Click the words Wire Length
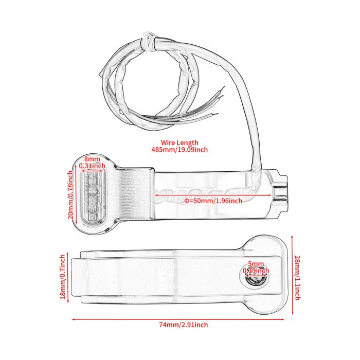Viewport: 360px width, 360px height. click(x=179, y=142)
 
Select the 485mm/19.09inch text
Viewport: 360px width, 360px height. click(x=179, y=150)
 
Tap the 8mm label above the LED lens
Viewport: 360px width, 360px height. click(x=92, y=159)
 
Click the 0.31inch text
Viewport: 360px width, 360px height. click(x=92, y=166)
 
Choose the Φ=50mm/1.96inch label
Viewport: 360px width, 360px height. click(x=213, y=201)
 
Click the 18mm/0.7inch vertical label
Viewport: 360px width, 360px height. click(x=63, y=277)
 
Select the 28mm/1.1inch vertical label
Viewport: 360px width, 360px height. click(x=297, y=278)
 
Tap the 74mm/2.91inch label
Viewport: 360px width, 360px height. click(x=184, y=325)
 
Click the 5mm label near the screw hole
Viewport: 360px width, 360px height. click(x=256, y=264)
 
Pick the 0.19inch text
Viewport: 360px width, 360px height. click(x=256, y=271)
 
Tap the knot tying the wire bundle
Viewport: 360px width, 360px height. click(x=149, y=42)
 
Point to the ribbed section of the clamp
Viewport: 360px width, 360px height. click(x=136, y=193)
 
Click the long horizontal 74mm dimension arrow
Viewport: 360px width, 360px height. click(x=178, y=319)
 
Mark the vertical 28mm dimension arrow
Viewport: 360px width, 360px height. click(x=292, y=275)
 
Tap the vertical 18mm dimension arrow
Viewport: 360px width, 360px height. click(x=68, y=277)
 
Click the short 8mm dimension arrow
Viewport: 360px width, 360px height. click(x=92, y=171)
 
